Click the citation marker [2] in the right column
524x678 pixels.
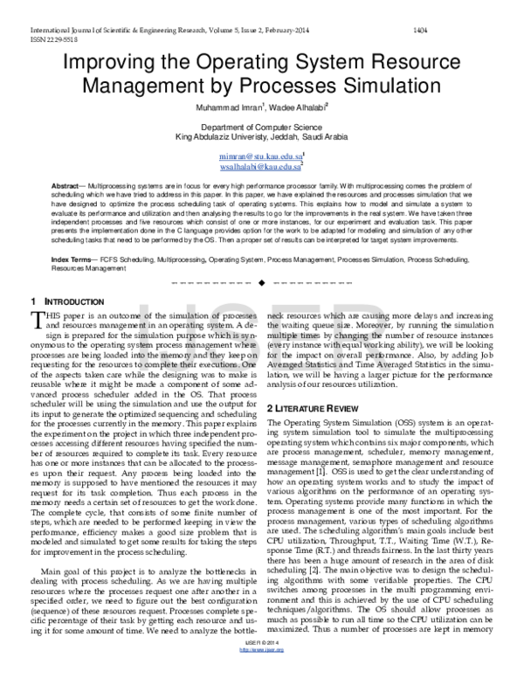coord(315,548)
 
